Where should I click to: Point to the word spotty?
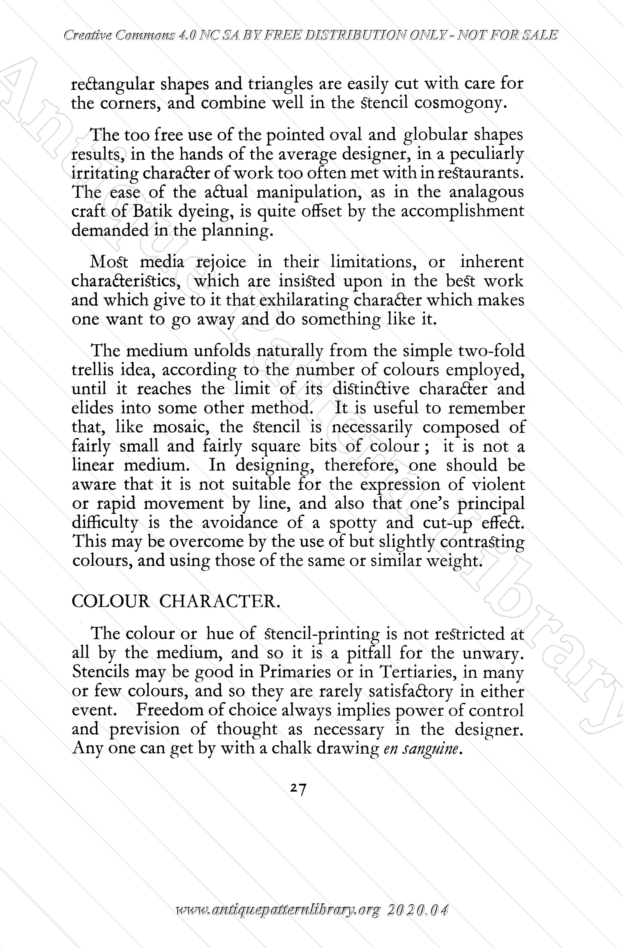[353, 523]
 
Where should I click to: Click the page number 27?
[298, 789]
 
